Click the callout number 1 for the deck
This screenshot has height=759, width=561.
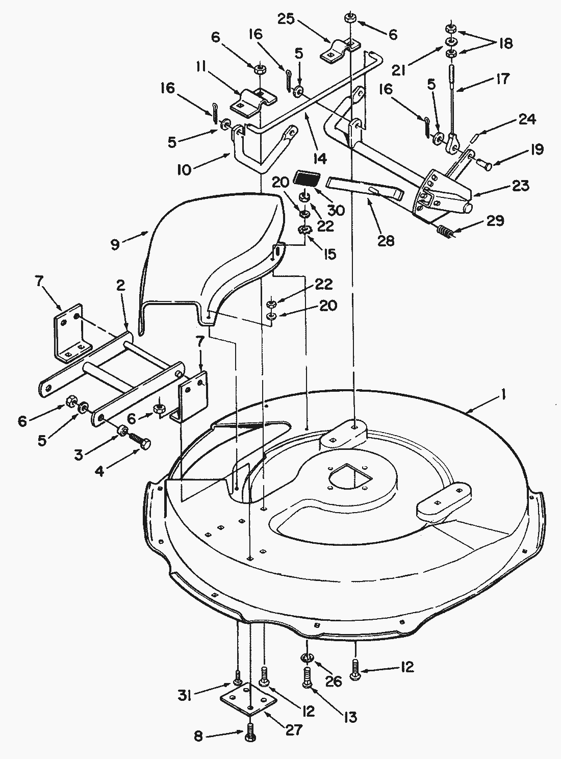[503, 395]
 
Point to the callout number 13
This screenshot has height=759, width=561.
[350, 717]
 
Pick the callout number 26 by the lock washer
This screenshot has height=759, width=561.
[335, 681]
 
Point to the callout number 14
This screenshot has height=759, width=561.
[319, 159]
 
